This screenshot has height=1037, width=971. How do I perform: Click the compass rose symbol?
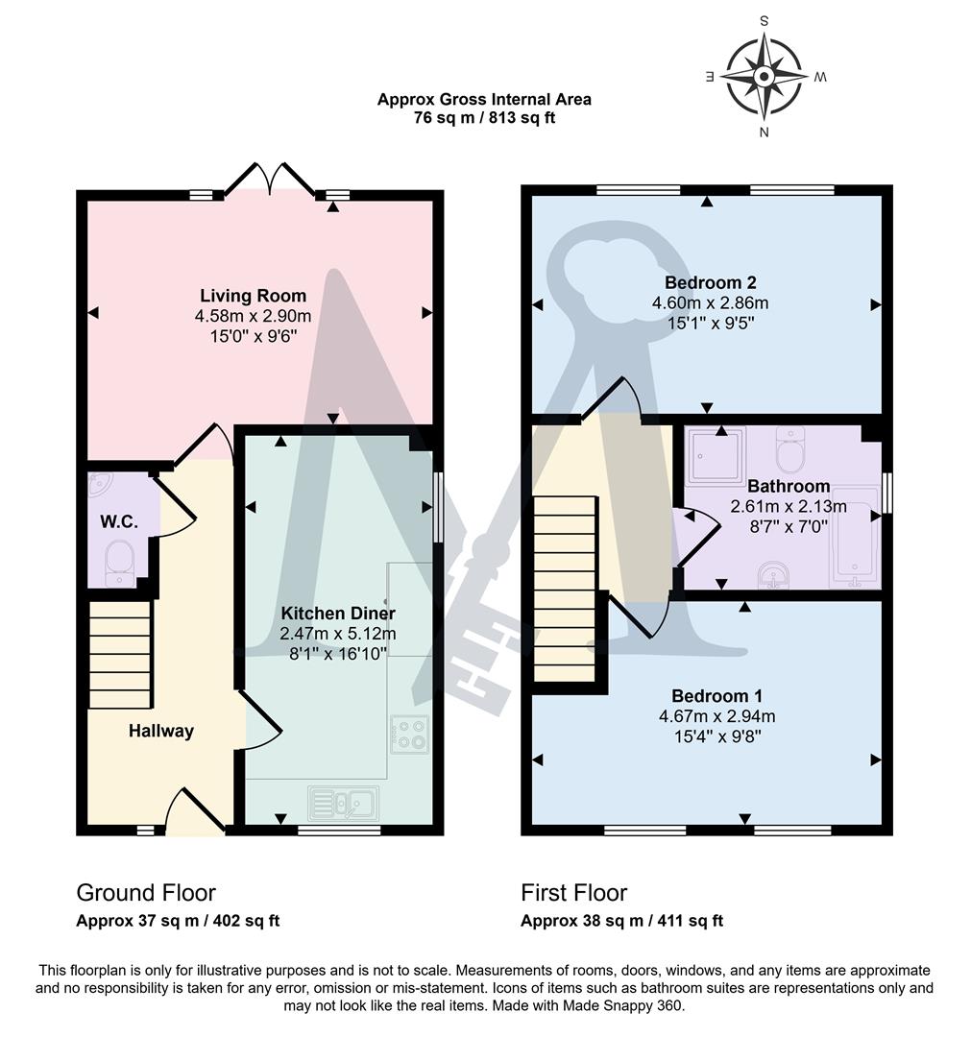coord(765,76)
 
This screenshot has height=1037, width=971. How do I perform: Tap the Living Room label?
coord(254,296)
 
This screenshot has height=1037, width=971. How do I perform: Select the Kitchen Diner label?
coord(338,613)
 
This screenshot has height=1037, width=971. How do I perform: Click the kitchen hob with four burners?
coord(410,734)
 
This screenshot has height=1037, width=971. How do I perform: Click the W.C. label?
coord(119,522)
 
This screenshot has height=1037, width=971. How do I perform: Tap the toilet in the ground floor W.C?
coord(120,561)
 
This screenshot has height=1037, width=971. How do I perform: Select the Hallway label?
coord(161,732)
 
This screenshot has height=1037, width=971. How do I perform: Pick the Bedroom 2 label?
coord(711,282)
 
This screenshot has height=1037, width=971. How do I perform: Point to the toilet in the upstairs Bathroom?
coord(791,448)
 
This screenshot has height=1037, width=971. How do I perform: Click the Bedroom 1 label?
coord(711,695)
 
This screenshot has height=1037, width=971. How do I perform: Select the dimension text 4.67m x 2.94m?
coord(711,716)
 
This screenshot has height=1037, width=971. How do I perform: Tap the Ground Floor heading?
coord(146,893)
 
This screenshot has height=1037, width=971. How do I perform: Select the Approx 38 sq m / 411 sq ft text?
coord(621,921)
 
